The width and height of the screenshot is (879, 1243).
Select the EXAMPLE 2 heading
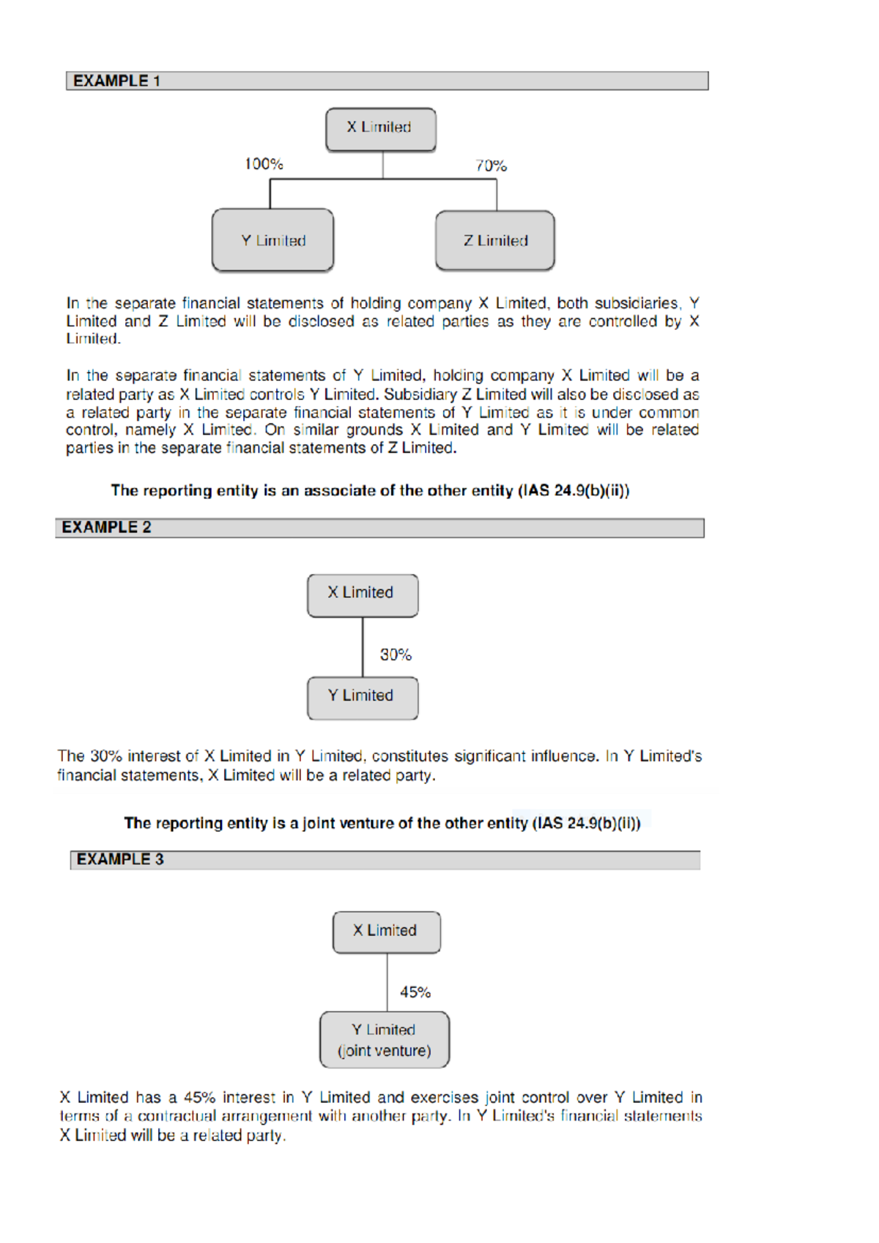tap(106, 528)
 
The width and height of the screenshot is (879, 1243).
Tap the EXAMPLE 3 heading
tap(120, 860)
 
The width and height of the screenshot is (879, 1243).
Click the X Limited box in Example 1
tap(380, 129)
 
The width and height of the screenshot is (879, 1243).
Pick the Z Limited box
tap(495, 241)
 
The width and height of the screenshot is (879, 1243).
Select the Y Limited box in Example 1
tap(273, 241)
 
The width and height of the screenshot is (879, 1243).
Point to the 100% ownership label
tap(264, 164)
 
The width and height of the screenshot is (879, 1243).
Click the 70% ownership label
tap(491, 166)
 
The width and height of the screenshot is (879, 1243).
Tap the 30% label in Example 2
tap(396, 654)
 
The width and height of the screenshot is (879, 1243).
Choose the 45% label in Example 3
tap(415, 992)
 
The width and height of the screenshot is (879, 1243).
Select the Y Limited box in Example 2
tap(363, 698)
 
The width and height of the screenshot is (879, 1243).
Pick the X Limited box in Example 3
tap(386, 932)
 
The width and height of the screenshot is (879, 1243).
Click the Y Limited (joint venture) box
tap(385, 1040)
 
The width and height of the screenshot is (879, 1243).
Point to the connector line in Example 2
tap(363, 646)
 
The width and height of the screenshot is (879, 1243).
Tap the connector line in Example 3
tap(387, 982)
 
